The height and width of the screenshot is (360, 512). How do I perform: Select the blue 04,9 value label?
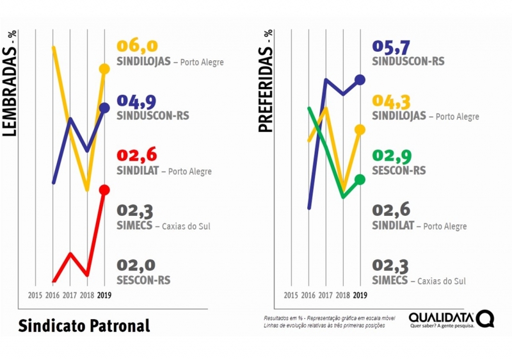coord(137,100)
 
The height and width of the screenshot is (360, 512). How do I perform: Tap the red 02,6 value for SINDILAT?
coord(137,155)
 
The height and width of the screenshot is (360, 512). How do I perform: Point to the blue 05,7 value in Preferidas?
coord(392,46)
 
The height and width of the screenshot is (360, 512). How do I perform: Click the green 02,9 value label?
coord(392,156)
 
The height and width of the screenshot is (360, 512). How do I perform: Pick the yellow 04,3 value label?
coord(392,101)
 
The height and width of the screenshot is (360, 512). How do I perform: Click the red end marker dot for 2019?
coord(104,190)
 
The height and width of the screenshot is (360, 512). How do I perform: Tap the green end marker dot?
coord(360,180)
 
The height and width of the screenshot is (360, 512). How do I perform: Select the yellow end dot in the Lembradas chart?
coord(104,69)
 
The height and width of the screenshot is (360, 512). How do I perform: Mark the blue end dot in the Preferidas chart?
coord(360,79)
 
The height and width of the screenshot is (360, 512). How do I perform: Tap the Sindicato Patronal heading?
coord(84,325)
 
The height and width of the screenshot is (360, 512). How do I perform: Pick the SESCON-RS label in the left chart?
coord(144,280)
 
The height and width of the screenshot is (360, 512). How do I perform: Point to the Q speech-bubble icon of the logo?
coord(485,318)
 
